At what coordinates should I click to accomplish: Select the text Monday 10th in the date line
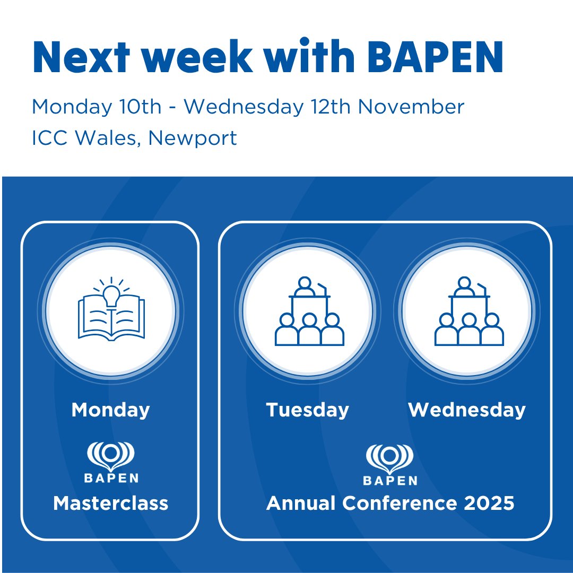click(x=97, y=107)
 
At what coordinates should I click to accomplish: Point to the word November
click(x=411, y=107)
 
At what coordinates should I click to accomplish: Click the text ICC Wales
click(x=86, y=138)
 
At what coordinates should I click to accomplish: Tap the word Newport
click(x=193, y=138)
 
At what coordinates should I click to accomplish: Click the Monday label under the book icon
click(x=110, y=410)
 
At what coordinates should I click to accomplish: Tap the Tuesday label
click(x=308, y=410)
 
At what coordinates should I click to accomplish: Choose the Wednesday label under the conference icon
click(x=467, y=410)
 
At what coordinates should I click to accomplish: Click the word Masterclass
click(x=110, y=503)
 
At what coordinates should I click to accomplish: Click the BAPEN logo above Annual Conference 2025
click(x=390, y=465)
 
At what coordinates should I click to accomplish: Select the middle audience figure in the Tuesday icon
click(x=309, y=330)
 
